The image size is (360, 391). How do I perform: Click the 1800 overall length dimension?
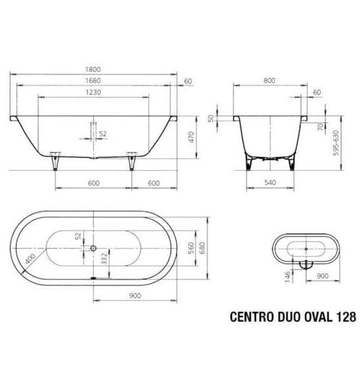94,69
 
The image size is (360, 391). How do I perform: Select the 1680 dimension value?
94,81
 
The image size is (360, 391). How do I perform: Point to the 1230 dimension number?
93,93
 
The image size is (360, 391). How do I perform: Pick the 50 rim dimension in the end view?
212,119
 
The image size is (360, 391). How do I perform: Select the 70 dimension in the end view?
320,127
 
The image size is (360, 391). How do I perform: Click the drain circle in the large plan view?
94,248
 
